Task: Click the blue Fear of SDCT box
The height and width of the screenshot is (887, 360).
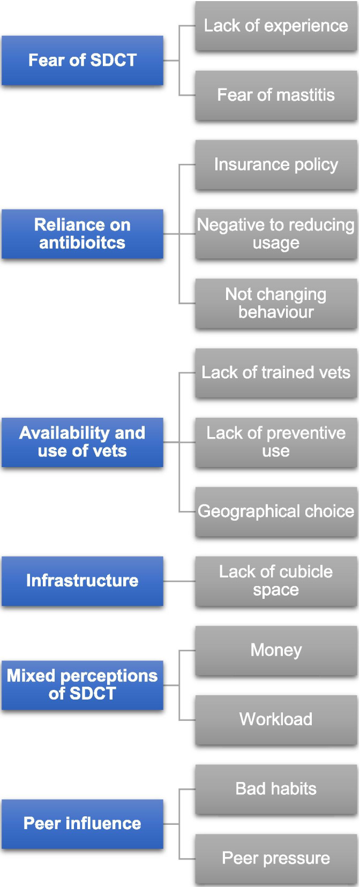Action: (x=82, y=60)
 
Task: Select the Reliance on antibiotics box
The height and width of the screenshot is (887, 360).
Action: (x=82, y=234)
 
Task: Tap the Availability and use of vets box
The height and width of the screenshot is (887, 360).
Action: (x=82, y=442)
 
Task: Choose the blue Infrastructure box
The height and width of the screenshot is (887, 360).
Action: (x=82, y=581)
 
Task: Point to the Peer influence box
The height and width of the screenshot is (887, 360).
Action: (x=82, y=823)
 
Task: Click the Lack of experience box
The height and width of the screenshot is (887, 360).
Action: (x=276, y=26)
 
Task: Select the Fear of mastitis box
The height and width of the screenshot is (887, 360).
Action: (x=276, y=95)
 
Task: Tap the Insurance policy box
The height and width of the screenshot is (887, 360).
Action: (x=276, y=164)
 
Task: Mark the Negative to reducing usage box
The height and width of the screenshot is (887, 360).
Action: (x=276, y=234)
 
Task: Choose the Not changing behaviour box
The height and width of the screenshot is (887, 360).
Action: (x=276, y=303)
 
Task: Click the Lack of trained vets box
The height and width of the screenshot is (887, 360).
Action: (x=276, y=373)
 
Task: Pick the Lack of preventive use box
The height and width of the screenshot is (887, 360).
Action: (x=276, y=442)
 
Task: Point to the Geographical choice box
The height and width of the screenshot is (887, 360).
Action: (x=276, y=512)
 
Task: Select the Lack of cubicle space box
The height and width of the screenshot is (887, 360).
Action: (x=276, y=581)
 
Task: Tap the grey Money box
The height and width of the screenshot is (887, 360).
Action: (x=276, y=650)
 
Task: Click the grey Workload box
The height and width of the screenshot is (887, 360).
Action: (x=276, y=719)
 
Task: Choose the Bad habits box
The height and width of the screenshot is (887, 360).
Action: (x=276, y=789)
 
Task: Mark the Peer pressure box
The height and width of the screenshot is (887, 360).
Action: (x=276, y=858)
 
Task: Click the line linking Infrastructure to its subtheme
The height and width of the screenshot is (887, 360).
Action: (x=179, y=581)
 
